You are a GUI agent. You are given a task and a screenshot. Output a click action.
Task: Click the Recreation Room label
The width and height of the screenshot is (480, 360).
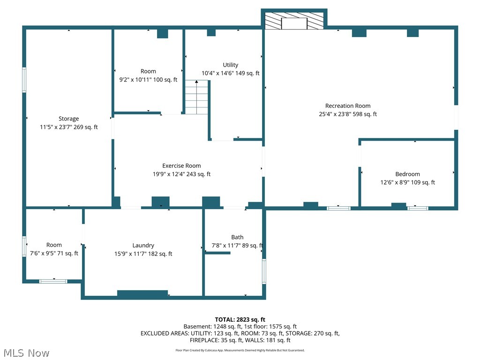(348, 106)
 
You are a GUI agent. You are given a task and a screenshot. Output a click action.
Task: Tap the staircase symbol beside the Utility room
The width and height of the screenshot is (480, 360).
(196, 97)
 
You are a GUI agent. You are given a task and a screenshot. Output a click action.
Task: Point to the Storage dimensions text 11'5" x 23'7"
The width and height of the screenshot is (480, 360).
(69, 127)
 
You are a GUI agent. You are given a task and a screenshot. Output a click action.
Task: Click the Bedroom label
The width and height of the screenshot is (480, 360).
(407, 174)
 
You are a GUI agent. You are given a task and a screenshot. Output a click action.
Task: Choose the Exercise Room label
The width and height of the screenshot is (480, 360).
(181, 165)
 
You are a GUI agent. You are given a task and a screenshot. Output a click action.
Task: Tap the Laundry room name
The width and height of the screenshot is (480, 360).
(143, 245)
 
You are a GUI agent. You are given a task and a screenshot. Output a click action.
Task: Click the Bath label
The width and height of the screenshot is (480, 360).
(237, 237)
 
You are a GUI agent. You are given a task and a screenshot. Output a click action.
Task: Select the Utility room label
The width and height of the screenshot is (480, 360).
(230, 65)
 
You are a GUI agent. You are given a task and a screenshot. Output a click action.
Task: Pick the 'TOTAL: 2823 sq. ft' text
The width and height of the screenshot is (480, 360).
(240, 320)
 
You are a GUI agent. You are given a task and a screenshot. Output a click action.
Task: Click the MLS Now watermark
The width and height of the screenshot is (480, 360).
(26, 352)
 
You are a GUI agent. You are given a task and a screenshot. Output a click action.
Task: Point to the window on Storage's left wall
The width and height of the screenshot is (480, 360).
(24, 80)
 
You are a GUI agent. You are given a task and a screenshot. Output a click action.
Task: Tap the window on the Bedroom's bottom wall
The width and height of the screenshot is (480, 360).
(417, 207)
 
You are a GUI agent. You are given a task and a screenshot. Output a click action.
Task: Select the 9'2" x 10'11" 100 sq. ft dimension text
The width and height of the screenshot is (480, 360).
(148, 80)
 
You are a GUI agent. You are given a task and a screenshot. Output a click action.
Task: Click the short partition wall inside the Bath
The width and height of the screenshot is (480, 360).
(217, 253)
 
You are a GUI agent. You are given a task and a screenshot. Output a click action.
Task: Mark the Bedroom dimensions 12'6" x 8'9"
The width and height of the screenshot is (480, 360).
(407, 182)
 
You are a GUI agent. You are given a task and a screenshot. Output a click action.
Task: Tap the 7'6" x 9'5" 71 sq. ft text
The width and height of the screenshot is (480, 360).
(54, 254)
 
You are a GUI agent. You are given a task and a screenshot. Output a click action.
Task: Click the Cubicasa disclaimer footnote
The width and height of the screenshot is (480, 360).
(240, 350)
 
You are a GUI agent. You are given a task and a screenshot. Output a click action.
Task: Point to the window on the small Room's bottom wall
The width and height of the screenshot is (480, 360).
(53, 281)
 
